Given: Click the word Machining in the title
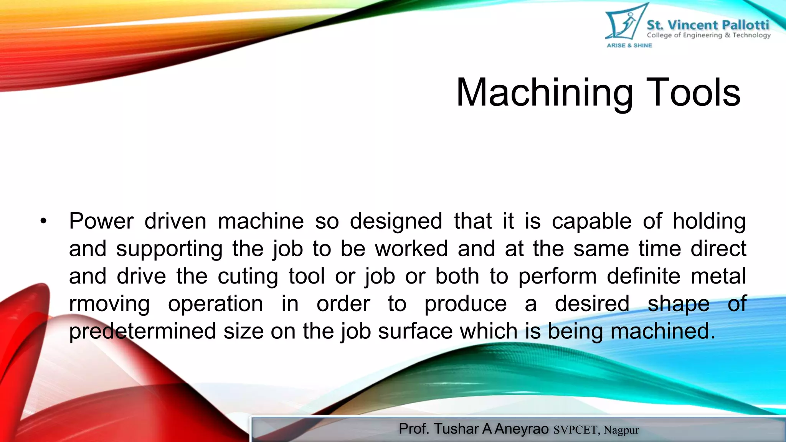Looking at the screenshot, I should click(544, 93).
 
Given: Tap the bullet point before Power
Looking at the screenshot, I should click(43, 221).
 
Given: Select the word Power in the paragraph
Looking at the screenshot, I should click(101, 221).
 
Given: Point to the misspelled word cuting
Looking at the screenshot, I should click(248, 277).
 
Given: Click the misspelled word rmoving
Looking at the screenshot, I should click(109, 304).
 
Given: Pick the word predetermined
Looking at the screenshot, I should click(142, 331).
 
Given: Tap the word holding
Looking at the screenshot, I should click(709, 221).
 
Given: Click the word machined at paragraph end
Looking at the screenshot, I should click(663, 331).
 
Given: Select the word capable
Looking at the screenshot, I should click(592, 221).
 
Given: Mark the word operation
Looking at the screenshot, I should click(216, 304).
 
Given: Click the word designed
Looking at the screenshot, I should click(396, 221).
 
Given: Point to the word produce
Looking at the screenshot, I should click(466, 304).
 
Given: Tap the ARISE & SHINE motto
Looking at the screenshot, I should click(629, 45).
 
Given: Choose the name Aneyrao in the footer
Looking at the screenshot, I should click(522, 429).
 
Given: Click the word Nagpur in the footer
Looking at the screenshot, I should click(621, 430).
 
